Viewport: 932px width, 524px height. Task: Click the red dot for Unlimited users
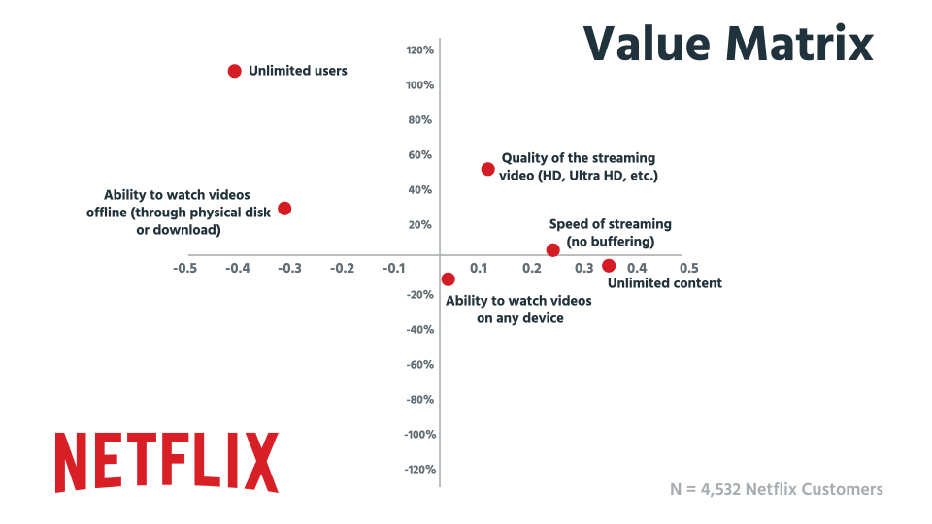click(x=234, y=71)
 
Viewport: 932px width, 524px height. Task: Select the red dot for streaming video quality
click(x=487, y=169)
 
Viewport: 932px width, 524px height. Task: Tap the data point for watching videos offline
click(x=284, y=209)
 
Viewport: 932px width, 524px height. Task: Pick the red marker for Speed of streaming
click(x=552, y=250)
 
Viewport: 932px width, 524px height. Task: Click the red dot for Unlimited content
click(x=609, y=266)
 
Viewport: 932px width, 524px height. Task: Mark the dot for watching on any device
click(x=448, y=279)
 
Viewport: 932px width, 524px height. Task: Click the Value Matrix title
click(x=727, y=44)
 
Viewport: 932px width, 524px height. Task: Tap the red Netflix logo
click(x=166, y=462)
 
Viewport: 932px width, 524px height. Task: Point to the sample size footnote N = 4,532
click(x=776, y=489)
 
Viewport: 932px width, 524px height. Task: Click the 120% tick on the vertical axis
click(x=419, y=50)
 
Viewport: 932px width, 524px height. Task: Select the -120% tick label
click(x=418, y=470)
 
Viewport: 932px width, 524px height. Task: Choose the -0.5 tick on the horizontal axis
click(x=185, y=268)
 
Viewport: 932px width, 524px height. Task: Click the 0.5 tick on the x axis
click(x=687, y=268)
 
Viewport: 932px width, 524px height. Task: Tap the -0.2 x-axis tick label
click(x=342, y=268)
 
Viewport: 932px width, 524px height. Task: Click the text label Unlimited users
click(x=297, y=71)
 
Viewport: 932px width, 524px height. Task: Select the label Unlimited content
click(x=664, y=283)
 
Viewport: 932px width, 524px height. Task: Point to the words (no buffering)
click(x=610, y=242)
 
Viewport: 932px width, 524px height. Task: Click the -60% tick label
click(x=419, y=365)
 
